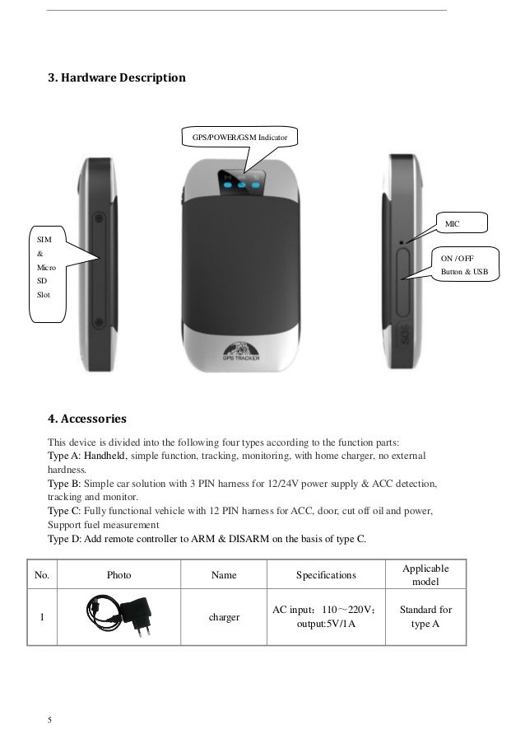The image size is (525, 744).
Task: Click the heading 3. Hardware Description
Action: coord(116,78)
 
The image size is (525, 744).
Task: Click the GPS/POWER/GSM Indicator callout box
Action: coord(239,135)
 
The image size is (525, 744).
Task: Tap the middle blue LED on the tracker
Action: coord(240,185)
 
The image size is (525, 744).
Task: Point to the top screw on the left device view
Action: coord(99,219)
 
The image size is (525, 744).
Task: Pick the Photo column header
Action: coord(119,574)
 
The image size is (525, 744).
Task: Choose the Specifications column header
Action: coord(326,574)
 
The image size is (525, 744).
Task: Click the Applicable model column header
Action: coord(425,575)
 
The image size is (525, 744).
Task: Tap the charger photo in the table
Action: coord(118,617)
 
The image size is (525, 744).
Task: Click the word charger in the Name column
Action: coord(219,617)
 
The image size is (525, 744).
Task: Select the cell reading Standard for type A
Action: coord(425,617)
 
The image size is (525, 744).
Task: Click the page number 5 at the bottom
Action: coord(50,720)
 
